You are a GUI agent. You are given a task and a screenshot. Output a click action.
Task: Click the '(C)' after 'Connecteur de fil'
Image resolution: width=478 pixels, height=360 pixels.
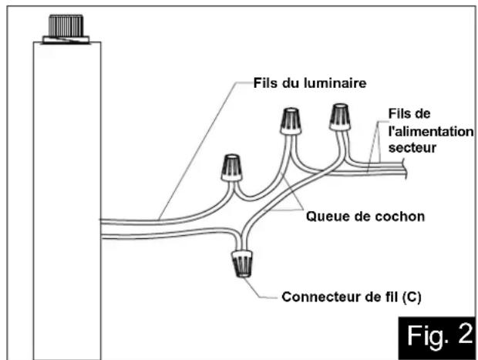(x=412, y=297)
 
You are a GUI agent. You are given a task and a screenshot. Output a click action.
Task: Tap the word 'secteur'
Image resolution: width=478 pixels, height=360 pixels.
(x=412, y=148)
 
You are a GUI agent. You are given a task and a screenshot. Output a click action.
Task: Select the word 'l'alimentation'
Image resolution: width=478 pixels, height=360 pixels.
(x=431, y=132)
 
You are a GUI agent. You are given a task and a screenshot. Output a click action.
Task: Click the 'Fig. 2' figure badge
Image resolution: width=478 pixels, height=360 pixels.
(x=438, y=338)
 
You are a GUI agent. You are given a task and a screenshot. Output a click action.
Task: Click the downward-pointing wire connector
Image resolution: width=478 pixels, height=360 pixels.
(x=242, y=264)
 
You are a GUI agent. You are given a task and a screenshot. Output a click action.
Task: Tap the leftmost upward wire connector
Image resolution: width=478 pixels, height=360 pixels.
(x=232, y=168)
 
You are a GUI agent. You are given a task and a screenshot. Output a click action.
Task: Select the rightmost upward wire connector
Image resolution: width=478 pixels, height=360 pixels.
(x=340, y=117)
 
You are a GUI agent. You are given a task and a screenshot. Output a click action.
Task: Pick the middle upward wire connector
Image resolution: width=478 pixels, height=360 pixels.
(x=291, y=121)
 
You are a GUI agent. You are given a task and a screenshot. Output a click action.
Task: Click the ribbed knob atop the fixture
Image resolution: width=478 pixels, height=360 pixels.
(x=66, y=25)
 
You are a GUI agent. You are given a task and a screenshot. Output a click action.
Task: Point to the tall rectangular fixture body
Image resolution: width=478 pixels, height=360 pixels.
(x=67, y=200)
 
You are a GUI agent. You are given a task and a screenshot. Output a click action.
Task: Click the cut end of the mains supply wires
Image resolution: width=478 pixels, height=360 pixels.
(x=405, y=168)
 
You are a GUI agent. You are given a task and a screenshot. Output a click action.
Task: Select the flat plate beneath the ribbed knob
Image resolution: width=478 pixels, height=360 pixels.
(x=66, y=40)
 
